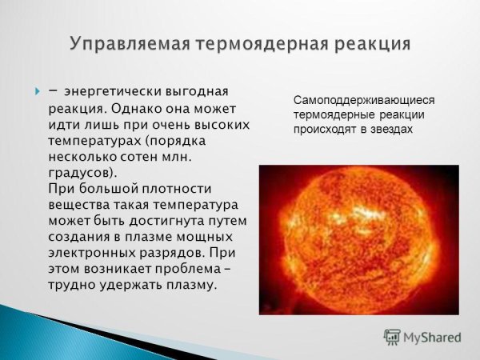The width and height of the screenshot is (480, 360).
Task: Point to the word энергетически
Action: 111,90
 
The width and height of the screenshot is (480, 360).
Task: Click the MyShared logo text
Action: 433,337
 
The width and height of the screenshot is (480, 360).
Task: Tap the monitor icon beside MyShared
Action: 392,337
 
